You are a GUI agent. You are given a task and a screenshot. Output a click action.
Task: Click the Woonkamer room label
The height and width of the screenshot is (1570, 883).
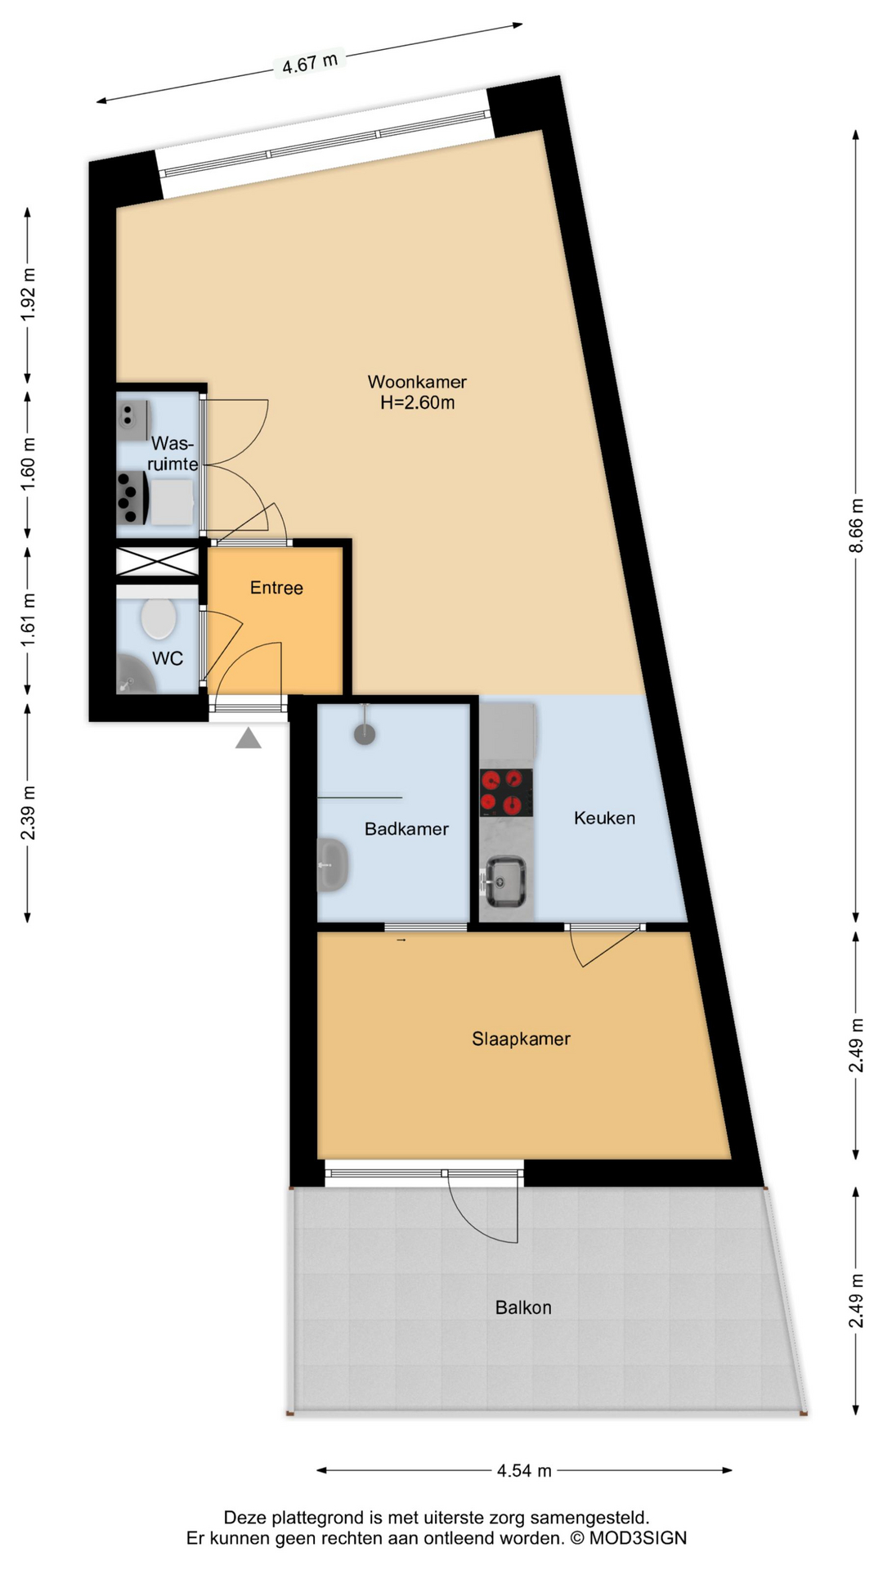pos(417,382)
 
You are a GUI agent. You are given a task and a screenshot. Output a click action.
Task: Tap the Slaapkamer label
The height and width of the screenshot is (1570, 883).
pos(521,1039)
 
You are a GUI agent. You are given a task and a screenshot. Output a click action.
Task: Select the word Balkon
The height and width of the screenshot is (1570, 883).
pos(523,1308)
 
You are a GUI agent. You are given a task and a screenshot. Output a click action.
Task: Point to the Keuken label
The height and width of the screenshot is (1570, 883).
pos(604,818)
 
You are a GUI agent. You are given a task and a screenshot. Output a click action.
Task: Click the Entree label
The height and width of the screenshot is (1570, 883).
pos(276,588)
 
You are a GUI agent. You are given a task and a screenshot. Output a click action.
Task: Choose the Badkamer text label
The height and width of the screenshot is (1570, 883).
pos(406,829)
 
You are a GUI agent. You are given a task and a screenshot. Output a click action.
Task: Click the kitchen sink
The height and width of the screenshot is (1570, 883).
pos(506,881)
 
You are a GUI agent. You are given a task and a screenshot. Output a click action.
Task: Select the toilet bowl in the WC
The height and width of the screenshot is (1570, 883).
pos(159,619)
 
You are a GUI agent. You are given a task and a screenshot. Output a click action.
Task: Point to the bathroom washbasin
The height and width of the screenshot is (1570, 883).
pos(333,864)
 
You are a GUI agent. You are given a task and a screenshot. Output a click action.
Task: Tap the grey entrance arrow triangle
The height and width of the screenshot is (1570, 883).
pos(249,738)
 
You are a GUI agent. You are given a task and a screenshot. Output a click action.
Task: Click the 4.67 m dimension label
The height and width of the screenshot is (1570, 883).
pos(310,63)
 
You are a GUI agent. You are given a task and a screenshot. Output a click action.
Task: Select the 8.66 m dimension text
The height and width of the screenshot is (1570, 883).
pos(856,526)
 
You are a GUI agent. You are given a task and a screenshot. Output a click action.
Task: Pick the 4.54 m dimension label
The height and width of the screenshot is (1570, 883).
pos(524,1471)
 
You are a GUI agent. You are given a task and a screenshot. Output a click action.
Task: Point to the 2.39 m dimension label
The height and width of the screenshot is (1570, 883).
pos(28,812)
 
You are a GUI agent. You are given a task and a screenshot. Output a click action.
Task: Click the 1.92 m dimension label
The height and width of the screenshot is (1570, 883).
pos(28,295)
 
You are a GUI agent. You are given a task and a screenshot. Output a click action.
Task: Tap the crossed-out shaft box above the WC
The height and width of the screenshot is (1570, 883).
pos(157,562)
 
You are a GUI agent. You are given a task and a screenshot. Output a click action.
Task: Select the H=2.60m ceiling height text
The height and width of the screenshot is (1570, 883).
pos(417,402)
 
